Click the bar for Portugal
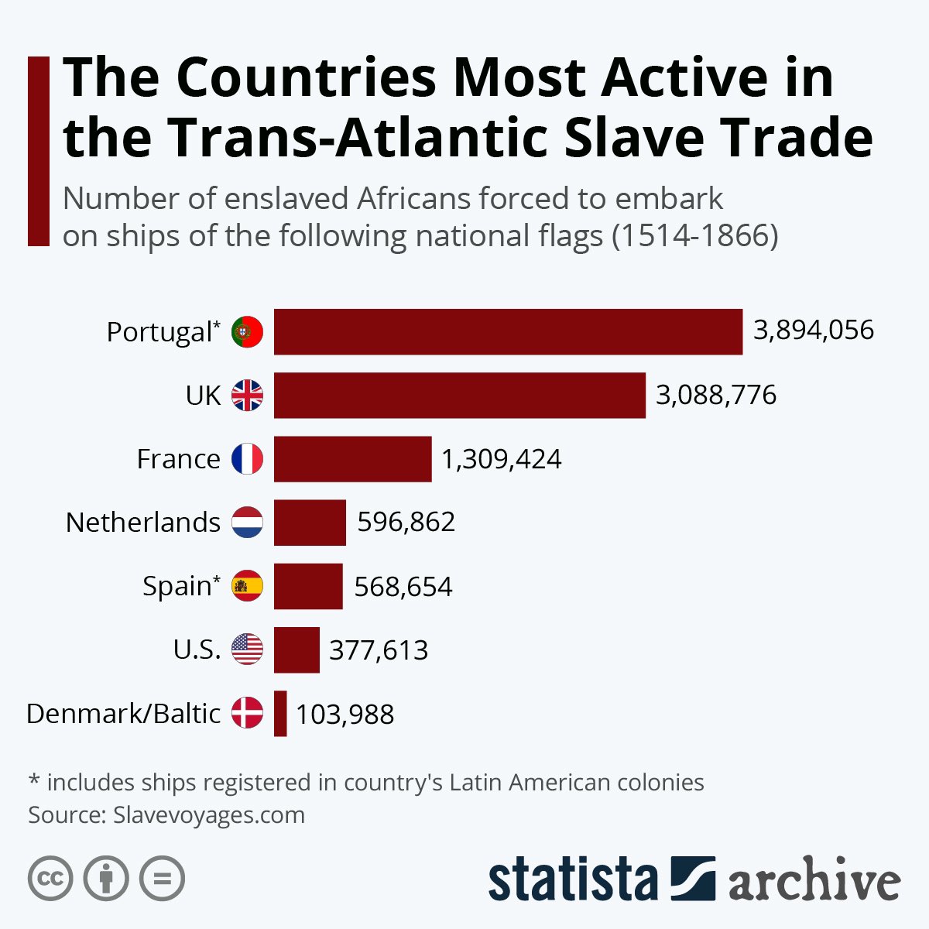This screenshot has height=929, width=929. click(508, 332)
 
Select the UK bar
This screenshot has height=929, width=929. click(459, 396)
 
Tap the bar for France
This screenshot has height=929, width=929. click(352, 459)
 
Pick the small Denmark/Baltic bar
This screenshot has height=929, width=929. click(280, 713)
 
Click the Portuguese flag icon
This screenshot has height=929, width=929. click(248, 332)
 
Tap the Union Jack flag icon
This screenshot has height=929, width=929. click(248, 396)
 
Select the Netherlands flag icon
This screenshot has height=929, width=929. click(248, 523)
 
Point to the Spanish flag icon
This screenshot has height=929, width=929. click(248, 586)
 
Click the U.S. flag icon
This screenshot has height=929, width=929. click(248, 650)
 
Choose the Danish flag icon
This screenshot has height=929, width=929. click(248, 713)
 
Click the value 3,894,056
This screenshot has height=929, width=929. click(813, 331)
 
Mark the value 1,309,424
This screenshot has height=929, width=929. click(501, 459)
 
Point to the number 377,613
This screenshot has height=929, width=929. click(379, 650)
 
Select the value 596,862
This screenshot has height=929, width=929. click(406, 523)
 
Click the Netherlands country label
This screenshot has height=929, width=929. click(143, 523)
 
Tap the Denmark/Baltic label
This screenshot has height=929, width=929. click(124, 713)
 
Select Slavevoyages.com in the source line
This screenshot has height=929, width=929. click(208, 815)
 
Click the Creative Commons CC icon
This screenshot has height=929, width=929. click(50, 879)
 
